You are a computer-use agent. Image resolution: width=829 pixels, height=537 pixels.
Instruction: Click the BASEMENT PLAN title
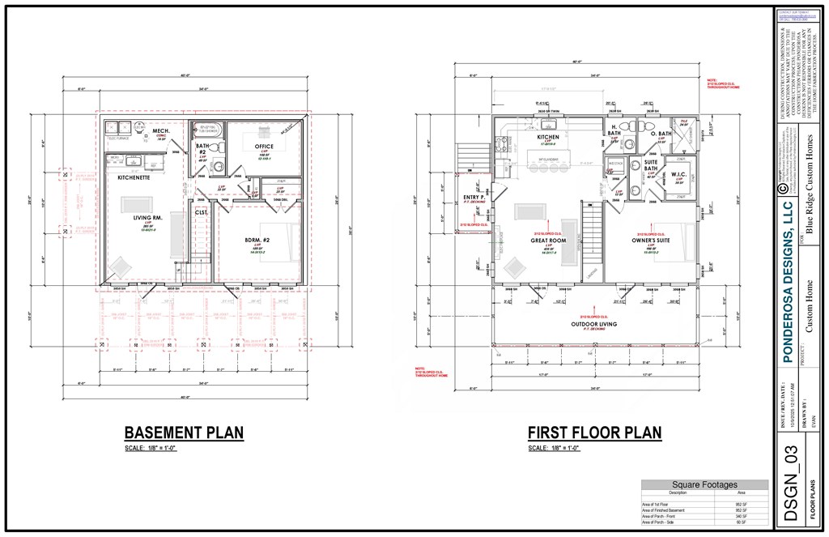pyautogui.click(x=184, y=433)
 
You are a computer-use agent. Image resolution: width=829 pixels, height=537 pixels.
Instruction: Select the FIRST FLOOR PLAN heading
pyautogui.click(x=594, y=433)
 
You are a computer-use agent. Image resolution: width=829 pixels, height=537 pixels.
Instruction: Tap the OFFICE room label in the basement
pyautogui.click(x=264, y=147)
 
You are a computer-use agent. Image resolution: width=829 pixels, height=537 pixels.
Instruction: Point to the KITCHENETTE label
pyautogui.click(x=133, y=177)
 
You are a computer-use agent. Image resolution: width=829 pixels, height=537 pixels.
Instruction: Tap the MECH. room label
pyautogui.click(x=160, y=130)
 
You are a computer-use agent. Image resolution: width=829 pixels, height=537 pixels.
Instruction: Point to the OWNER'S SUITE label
pyautogui.click(x=651, y=241)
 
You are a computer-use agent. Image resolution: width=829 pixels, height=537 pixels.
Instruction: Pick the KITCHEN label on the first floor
pyautogui.click(x=548, y=138)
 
